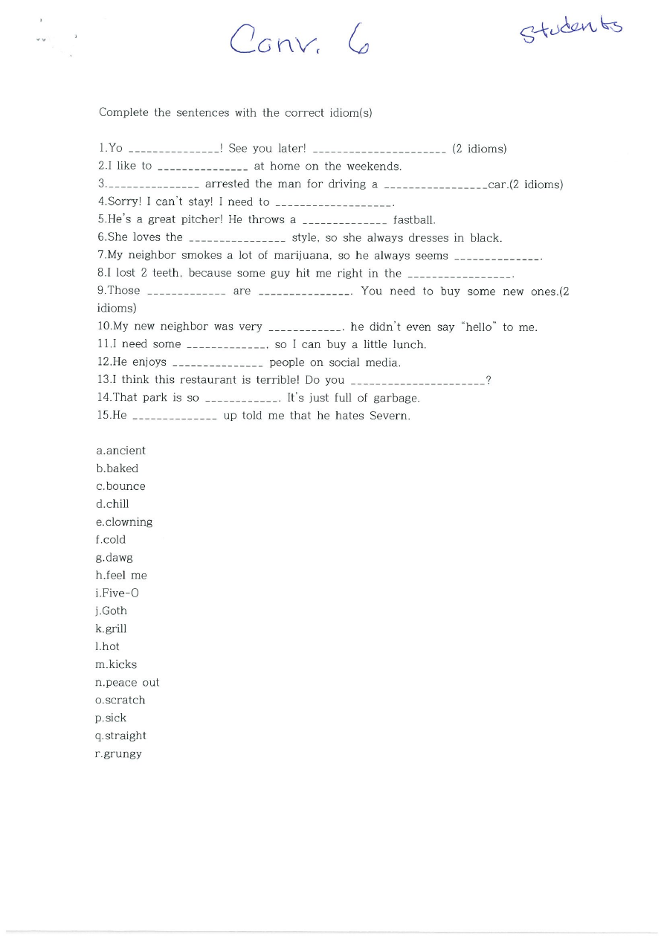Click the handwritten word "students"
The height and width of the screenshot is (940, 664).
click(571, 29)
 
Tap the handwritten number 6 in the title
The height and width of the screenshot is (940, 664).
click(355, 40)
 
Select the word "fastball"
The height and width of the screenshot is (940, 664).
click(414, 220)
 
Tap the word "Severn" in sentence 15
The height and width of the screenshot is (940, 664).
click(388, 416)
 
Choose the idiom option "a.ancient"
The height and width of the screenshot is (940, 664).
click(121, 451)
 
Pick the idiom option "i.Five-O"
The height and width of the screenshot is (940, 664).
click(117, 593)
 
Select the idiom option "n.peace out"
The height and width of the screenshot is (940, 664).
click(127, 683)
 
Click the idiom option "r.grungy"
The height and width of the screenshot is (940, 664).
click(118, 754)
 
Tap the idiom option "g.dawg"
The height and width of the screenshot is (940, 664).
click(115, 558)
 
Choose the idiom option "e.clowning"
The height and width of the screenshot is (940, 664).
click(123, 522)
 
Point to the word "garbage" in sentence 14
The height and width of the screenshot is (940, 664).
click(396, 399)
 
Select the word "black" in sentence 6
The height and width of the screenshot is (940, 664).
click(485, 238)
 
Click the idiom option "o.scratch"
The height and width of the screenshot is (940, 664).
click(120, 701)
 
